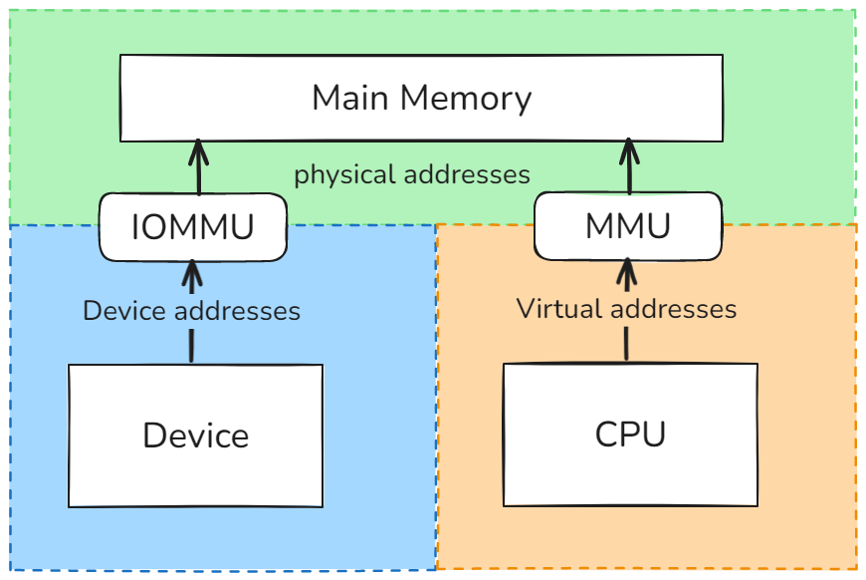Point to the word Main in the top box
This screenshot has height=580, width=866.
coord(350,99)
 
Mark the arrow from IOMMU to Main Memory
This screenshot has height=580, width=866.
coord(197,167)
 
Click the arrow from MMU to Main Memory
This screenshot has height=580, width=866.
coord(628,167)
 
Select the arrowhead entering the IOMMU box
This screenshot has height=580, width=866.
coord(193,270)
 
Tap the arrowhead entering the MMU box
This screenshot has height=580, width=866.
coord(627,268)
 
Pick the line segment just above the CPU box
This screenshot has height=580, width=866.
coord(626,344)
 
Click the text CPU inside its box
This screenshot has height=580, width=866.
coord(630,435)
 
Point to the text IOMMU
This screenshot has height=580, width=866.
coord(193,226)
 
